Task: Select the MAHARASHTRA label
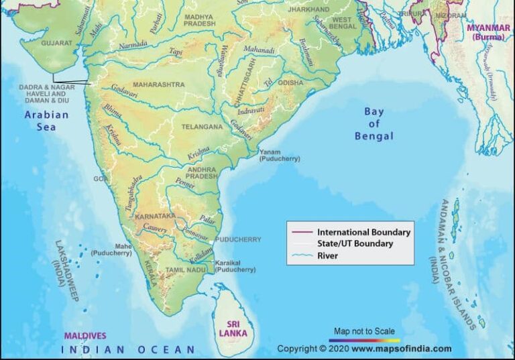(158, 85)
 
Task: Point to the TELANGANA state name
(201, 126)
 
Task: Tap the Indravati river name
(250, 109)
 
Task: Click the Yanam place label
(270, 152)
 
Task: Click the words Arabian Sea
(47, 121)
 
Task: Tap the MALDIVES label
(85, 335)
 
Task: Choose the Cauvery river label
(154, 229)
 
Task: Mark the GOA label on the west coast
(100, 179)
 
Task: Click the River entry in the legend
(328, 255)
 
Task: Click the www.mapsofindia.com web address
(401, 349)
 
